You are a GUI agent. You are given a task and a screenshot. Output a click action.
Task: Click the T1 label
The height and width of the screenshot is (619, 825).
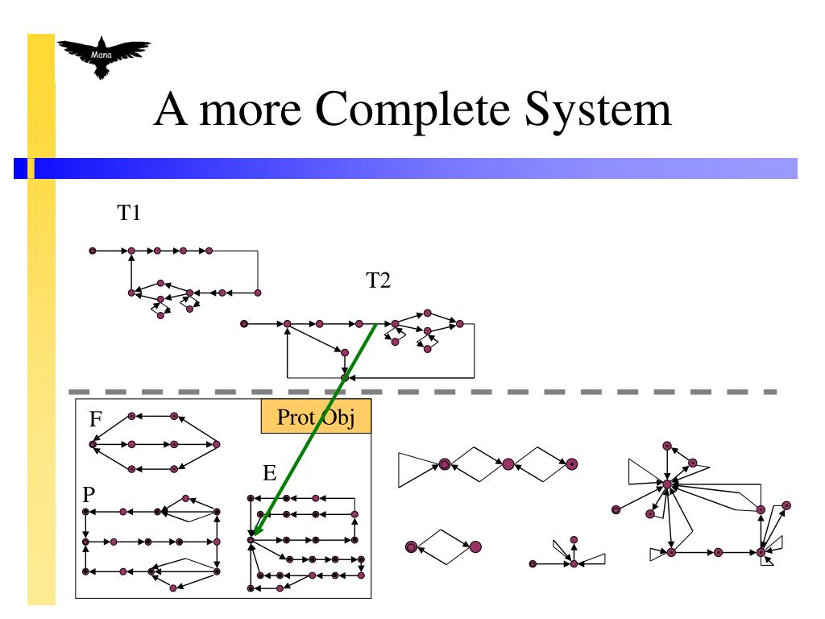129,214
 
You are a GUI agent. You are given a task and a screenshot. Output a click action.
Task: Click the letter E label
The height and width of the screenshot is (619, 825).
271,473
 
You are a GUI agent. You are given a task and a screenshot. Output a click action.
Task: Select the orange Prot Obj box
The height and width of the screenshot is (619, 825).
315,418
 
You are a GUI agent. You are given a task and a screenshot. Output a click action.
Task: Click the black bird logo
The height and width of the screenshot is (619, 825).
102,59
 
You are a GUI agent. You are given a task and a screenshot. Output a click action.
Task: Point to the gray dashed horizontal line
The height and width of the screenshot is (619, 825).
564,392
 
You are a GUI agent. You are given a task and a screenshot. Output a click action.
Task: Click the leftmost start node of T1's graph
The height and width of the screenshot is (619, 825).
93,251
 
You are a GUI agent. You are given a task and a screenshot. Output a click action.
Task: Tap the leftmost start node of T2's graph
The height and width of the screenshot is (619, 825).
243,324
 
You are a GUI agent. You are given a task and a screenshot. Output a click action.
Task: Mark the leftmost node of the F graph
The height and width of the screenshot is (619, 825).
93,443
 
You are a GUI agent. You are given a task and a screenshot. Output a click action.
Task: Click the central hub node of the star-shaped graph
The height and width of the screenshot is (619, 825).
667,484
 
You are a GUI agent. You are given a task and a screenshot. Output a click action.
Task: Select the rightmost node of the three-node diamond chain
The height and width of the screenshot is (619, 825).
571,464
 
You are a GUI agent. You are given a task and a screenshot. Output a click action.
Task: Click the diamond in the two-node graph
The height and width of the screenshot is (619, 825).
442,546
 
